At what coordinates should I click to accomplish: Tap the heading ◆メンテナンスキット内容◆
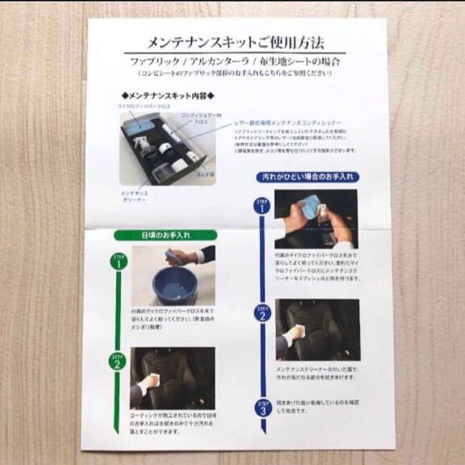pos(161,94)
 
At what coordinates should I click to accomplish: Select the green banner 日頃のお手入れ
pos(161,235)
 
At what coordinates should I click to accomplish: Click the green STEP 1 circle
pos(118,260)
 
